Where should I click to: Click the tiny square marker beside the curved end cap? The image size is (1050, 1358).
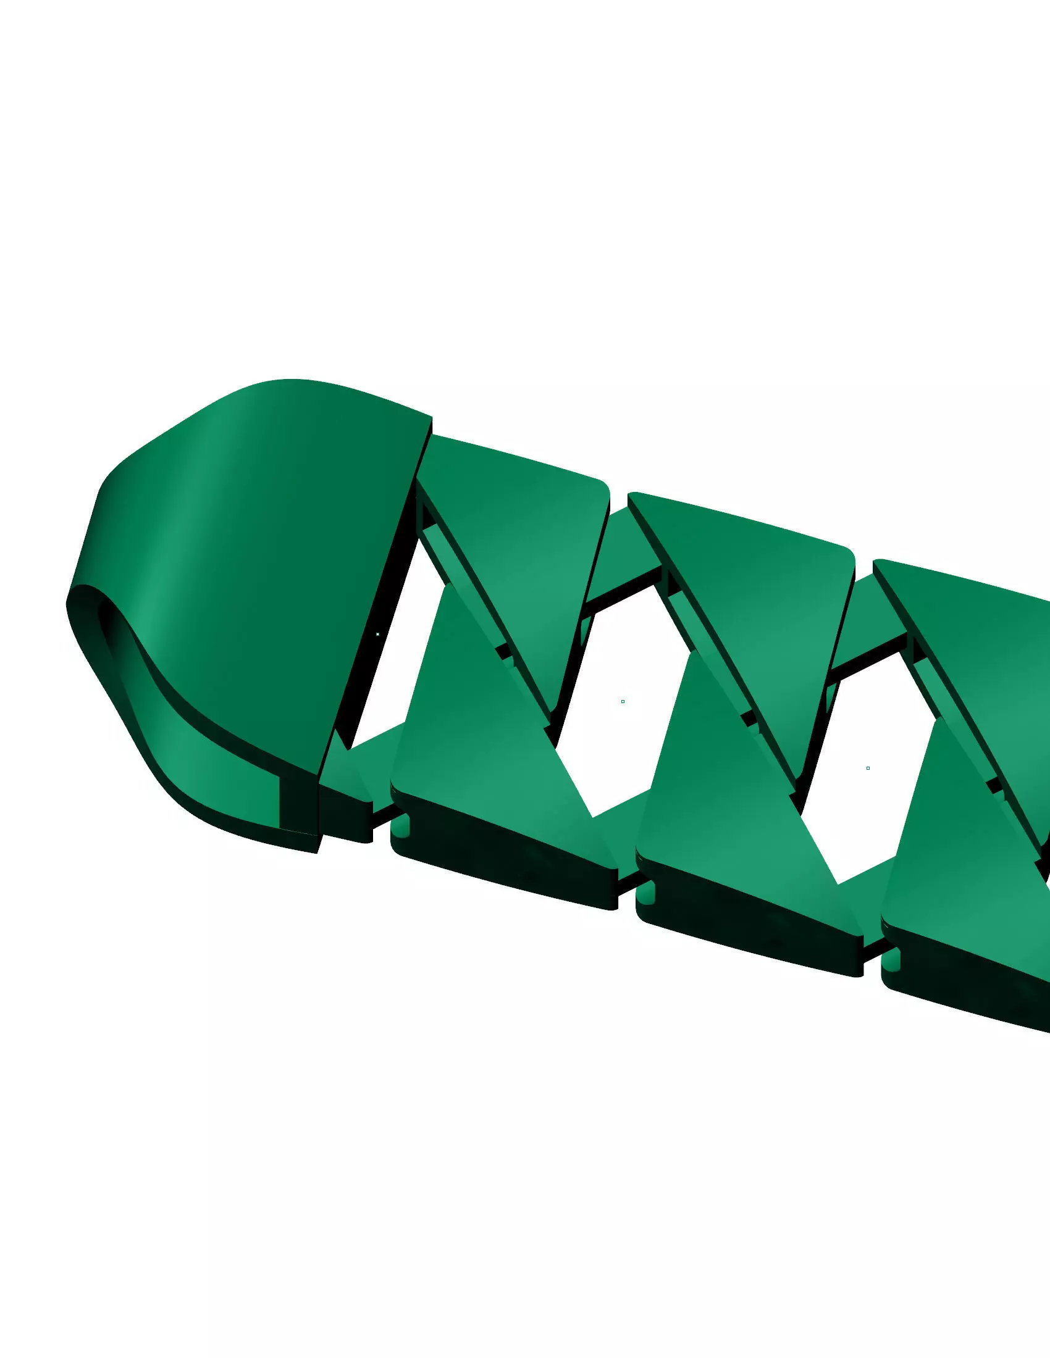tap(377, 634)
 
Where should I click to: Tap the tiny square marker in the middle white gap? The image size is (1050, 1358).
tap(623, 701)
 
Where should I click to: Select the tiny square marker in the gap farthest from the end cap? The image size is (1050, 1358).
tap(868, 768)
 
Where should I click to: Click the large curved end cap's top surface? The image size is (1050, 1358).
tap(280, 560)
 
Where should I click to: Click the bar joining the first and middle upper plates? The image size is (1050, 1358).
tap(622, 547)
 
